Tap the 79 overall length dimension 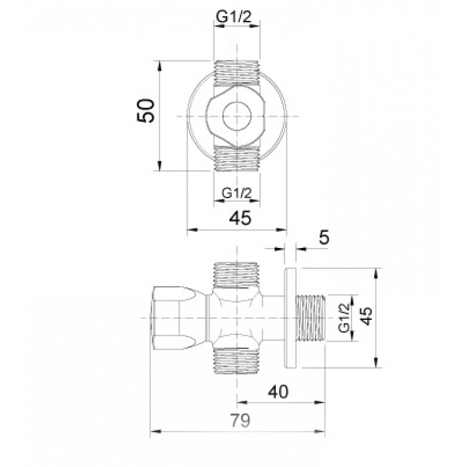coord(239,420)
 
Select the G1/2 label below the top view coord(237,194)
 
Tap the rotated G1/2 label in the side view coord(344,317)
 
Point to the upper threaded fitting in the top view coord(237,73)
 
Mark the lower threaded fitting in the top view coord(237,159)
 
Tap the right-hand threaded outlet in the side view coord(310,317)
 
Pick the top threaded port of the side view coord(237,273)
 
